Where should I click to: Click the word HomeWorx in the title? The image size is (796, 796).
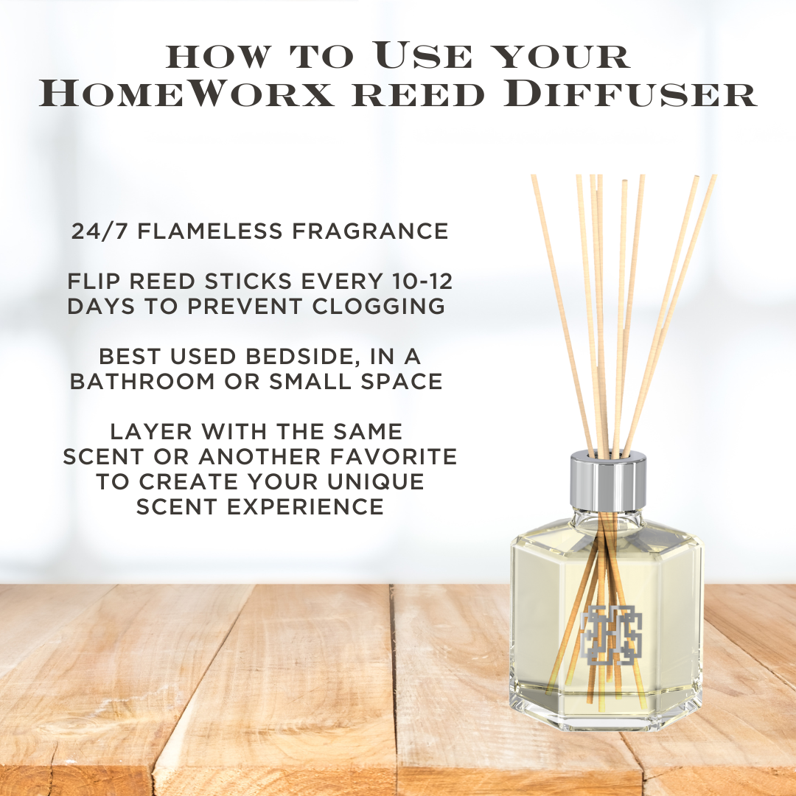pyautogui.click(x=187, y=93)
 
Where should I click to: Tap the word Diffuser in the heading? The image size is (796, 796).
pyautogui.click(x=630, y=93)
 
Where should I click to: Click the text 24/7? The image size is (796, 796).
pyautogui.click(x=101, y=231)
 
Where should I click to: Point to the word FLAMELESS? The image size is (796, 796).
pyautogui.click(x=210, y=231)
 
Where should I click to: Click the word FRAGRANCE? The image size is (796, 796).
pyautogui.click(x=370, y=231)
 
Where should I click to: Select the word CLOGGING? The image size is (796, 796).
pyautogui.click(x=379, y=306)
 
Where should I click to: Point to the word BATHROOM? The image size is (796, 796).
pyautogui.click(x=143, y=381)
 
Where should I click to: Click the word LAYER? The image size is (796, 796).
pyautogui.click(x=151, y=431)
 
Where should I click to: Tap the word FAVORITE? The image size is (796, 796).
pyautogui.click(x=394, y=456)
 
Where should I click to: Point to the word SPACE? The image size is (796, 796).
pyautogui.click(x=402, y=381)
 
